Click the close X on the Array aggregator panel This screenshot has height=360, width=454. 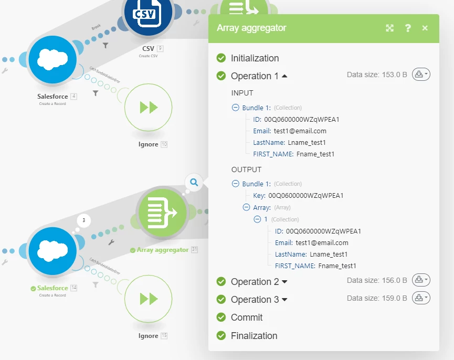tap(425, 28)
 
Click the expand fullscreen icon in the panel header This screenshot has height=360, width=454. tap(390, 28)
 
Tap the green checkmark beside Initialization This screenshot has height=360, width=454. tap(221, 58)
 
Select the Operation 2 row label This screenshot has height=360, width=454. tap(255, 282)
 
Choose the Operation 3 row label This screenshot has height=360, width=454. tap(255, 300)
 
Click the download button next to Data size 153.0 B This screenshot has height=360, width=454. tap(421, 75)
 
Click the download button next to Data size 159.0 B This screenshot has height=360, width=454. tap(421, 298)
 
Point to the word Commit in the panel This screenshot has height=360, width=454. tap(247, 317)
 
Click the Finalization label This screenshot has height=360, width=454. tap(254, 336)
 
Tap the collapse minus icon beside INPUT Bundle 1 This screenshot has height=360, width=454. tap(236, 108)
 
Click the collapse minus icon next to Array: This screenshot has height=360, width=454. tap(246, 207)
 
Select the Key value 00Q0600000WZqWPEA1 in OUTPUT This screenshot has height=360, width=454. tap(305, 196)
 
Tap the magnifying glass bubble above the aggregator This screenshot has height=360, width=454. tap(194, 183)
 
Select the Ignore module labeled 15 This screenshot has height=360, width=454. tap(148, 299)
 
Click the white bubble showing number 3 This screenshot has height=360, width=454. tap(85, 220)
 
